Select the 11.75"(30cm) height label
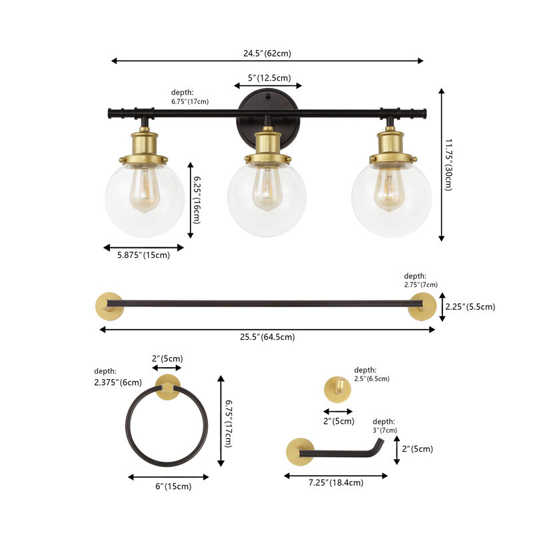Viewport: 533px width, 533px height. pyautogui.click(x=448, y=165)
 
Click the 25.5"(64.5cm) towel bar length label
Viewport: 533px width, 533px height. pyautogui.click(x=266, y=336)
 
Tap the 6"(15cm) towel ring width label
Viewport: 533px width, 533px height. pyautogui.click(x=169, y=486)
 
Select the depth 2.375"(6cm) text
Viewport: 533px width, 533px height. pyautogui.click(x=119, y=377)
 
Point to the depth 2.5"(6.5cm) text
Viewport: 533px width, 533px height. pyautogui.click(x=372, y=374)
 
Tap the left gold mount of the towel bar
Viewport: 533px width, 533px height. pyautogui.click(x=108, y=304)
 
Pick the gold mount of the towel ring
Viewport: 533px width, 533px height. pyautogui.click(x=167, y=388)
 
